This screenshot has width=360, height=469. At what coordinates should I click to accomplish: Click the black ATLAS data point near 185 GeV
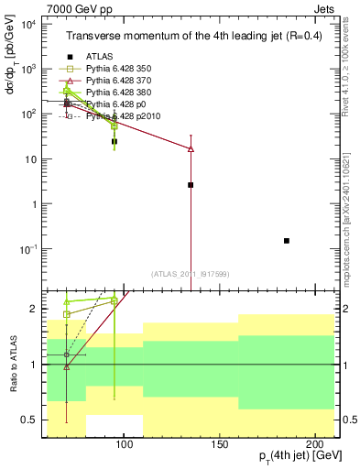tap(287, 241)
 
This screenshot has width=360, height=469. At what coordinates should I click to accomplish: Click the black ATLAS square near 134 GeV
tap(191, 185)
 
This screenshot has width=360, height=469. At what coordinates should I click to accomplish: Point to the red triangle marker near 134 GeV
tap(191, 148)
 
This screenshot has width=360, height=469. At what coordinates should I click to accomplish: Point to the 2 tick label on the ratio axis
tap(44, 309)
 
